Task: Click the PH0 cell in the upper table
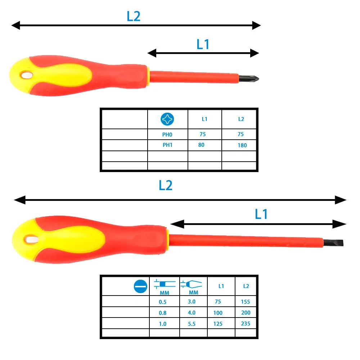tap(168, 134)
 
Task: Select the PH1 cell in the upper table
tap(168, 145)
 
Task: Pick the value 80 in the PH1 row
tap(202, 145)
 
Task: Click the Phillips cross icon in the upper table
tap(168, 119)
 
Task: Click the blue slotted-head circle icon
tap(140, 287)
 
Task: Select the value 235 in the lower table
tap(246, 324)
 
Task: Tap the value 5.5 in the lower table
tap(192, 324)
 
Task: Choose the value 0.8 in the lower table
tap(163, 313)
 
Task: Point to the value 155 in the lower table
tap(246, 302)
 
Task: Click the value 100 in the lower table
tap(218, 313)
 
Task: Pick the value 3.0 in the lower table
tap(192, 302)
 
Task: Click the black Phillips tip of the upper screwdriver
tap(249, 78)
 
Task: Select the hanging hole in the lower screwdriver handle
tap(31, 239)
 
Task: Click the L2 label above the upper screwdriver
tap(134, 17)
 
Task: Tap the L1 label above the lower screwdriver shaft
tap(261, 215)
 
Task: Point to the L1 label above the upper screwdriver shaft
tap(203, 45)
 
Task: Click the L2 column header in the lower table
tap(246, 287)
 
